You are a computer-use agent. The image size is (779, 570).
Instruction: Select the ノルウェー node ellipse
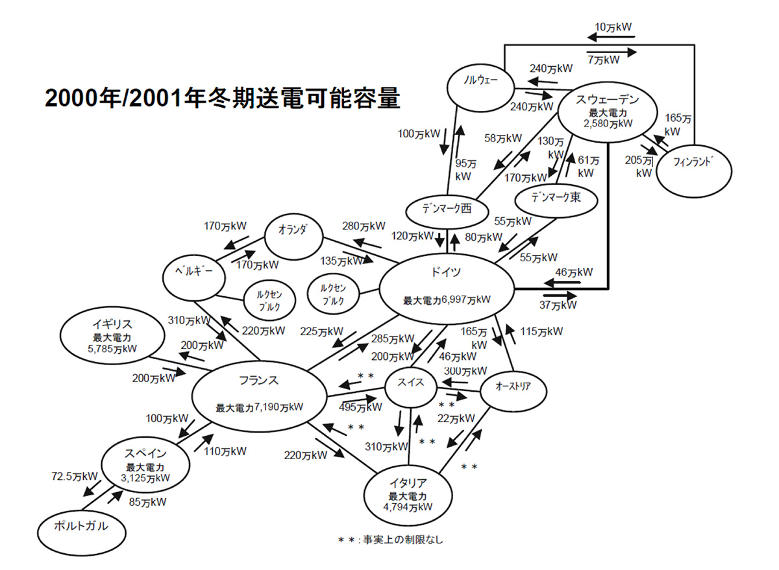coord(481,82)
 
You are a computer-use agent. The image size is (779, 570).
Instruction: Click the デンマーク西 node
coord(447,209)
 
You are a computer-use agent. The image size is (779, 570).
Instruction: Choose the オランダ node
coord(294,232)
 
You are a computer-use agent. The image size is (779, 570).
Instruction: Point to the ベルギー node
coord(195,273)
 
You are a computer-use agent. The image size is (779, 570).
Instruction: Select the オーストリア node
coord(513,387)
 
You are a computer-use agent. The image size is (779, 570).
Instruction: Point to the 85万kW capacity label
coord(147,501)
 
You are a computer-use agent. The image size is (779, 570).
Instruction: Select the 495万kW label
coord(361,407)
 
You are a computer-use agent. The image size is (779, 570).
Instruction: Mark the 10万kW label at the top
coord(613,27)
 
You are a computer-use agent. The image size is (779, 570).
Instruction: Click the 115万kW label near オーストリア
coord(541,331)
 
